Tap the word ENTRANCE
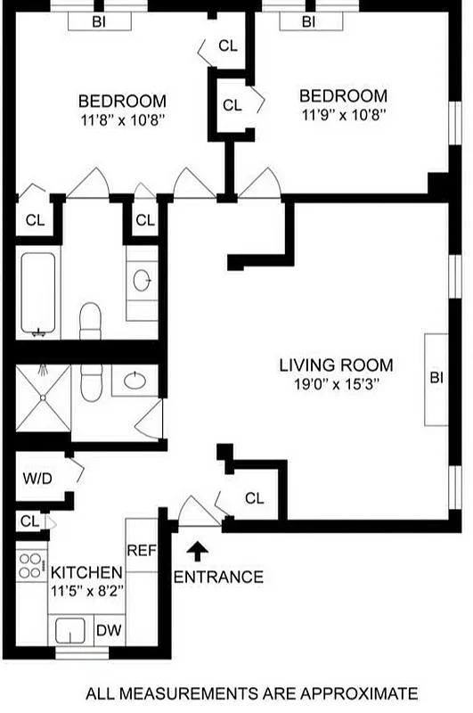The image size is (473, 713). coord(218,577)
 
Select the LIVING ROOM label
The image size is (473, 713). coord(336,365)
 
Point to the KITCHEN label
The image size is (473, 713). coord(86,571)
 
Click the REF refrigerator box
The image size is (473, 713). coord(142,551)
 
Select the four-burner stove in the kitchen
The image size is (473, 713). coord(31,564)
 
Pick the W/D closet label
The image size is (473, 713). coord(37,479)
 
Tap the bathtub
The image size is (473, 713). coord(37,294)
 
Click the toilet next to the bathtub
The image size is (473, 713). coord(90,318)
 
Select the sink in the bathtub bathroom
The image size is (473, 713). coord(142,281)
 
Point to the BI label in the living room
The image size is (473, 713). coord(436,378)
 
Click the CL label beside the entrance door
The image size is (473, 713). coord(255,498)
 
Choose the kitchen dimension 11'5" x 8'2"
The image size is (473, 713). coord(86,589)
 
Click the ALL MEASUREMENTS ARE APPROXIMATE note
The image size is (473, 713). coord(250,693)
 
